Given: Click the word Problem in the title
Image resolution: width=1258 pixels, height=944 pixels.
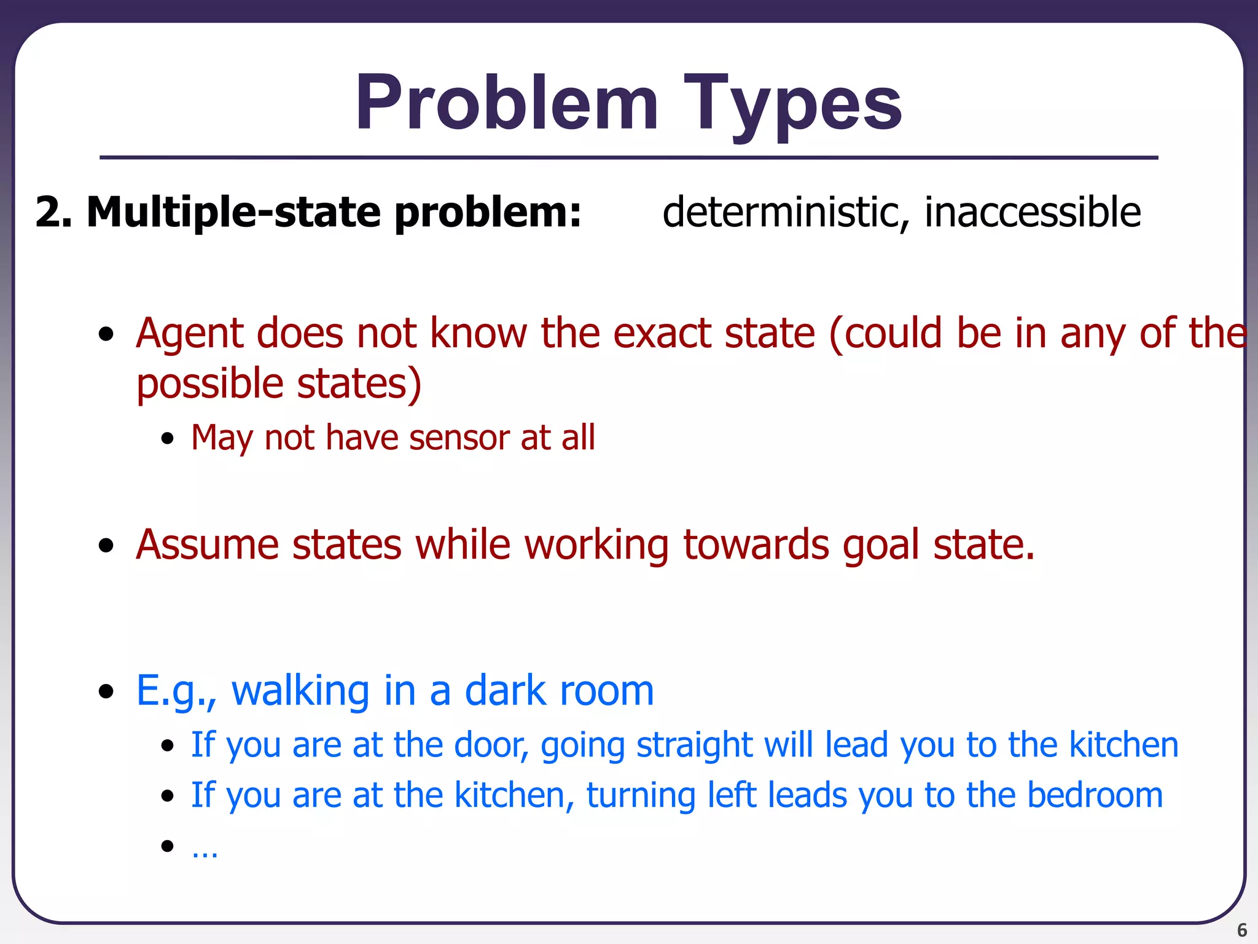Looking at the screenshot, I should click(507, 103).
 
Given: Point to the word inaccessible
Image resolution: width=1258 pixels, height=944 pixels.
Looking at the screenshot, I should click(1033, 212).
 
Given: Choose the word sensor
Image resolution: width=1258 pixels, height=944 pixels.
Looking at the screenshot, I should click(458, 438).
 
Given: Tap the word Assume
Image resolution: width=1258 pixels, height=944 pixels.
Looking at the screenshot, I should click(207, 545).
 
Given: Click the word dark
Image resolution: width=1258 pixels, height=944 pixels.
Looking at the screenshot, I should click(505, 690).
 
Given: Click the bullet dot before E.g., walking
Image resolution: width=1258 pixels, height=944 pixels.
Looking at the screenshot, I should click(106, 691).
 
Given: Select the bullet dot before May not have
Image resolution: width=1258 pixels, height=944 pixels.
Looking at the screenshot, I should click(167, 439).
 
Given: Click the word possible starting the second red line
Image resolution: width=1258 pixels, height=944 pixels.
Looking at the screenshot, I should click(209, 384).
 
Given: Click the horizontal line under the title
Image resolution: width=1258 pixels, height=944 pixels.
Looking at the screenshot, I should click(629, 158).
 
